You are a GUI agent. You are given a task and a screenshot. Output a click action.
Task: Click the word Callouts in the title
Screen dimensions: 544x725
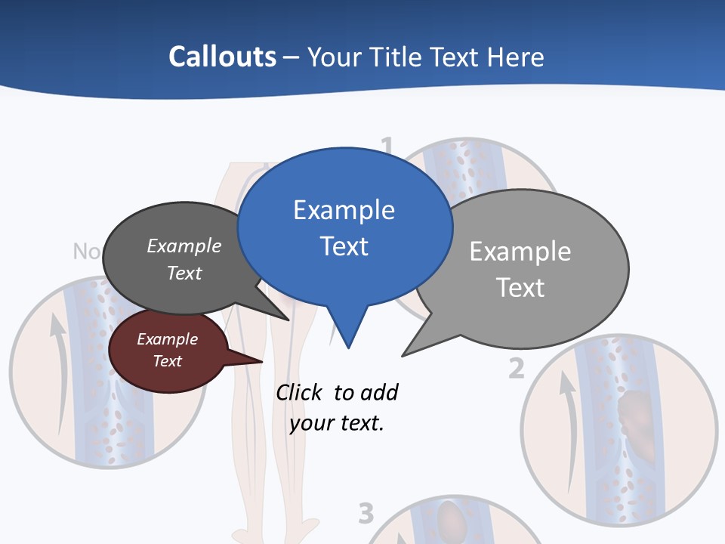pyautogui.click(x=222, y=57)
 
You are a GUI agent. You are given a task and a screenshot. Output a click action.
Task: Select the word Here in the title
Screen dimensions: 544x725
pyautogui.click(x=514, y=57)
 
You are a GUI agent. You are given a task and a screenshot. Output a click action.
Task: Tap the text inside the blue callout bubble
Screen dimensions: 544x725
pyautogui.click(x=344, y=228)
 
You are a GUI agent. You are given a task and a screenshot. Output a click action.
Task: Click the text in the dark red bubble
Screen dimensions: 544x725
pyautogui.click(x=167, y=350)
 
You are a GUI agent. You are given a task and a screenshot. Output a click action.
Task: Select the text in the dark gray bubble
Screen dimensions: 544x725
pyautogui.click(x=184, y=259)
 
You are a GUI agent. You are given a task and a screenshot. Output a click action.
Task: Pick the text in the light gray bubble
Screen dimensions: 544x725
pyautogui.click(x=520, y=269)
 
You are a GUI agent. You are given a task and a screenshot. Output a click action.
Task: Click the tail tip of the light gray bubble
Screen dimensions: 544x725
pyautogui.click(x=403, y=355)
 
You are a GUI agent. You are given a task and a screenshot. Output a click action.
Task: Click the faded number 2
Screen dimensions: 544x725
pyautogui.click(x=516, y=368)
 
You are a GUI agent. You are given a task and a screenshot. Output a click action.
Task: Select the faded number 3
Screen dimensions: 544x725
pyautogui.click(x=366, y=514)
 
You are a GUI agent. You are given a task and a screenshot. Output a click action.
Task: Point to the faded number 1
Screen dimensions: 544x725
pyautogui.click(x=387, y=146)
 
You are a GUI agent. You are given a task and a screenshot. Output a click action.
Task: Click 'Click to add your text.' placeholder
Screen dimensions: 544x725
pyautogui.click(x=337, y=407)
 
